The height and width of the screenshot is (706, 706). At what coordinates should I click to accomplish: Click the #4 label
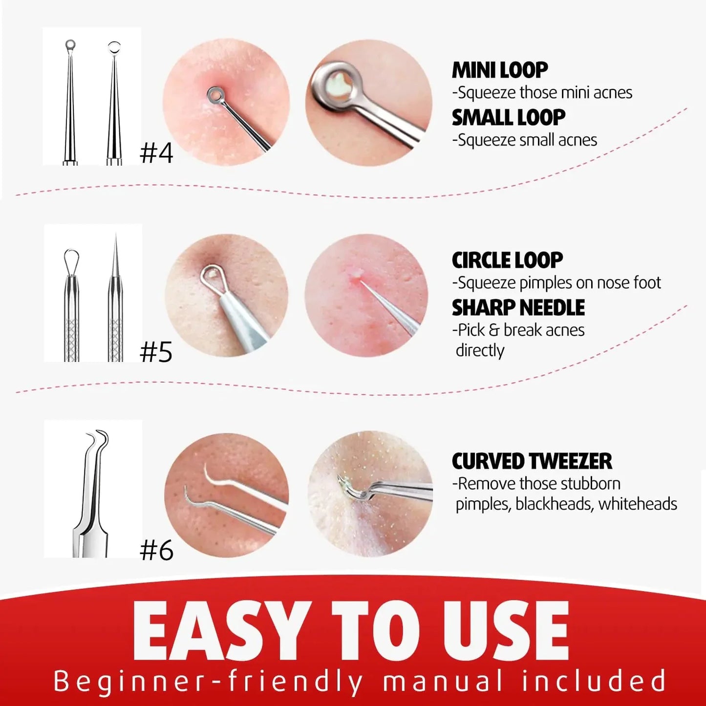(156, 153)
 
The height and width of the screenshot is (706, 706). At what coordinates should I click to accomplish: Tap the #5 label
(156, 352)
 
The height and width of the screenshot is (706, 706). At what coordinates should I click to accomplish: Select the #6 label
(156, 551)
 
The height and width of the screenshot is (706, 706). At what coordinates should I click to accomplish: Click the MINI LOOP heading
(499, 70)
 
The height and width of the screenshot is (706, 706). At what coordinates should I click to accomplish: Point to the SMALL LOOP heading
(508, 118)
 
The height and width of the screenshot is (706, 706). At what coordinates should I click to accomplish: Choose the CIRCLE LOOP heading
(507, 260)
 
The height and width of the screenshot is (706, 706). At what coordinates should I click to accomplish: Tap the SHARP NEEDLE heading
(518, 308)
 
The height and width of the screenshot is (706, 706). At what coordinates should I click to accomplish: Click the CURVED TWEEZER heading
(532, 461)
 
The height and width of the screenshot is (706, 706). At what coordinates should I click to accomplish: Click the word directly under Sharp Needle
(480, 351)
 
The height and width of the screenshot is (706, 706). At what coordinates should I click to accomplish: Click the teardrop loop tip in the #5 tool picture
(71, 259)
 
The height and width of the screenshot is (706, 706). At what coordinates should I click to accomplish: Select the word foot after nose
(647, 283)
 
